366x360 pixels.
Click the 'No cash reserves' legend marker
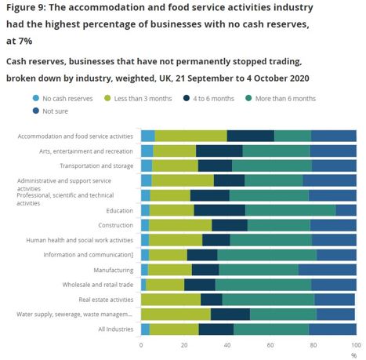click(x=36, y=98)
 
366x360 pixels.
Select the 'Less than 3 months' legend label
click(x=143, y=99)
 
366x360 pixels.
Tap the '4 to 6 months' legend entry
click(x=208, y=99)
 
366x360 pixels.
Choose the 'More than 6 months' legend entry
click(x=281, y=99)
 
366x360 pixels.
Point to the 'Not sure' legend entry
click(x=50, y=111)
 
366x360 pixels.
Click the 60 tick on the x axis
click(x=270, y=345)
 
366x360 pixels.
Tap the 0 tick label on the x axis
click(x=141, y=345)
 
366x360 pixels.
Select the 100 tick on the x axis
click(x=356, y=345)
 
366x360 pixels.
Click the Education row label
click(x=119, y=211)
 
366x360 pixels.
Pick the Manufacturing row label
click(x=114, y=270)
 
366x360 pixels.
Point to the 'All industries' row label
click(x=116, y=329)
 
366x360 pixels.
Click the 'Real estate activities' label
click(x=106, y=300)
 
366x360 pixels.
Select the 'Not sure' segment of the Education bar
click(x=346, y=210)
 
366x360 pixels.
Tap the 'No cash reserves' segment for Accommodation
click(x=148, y=136)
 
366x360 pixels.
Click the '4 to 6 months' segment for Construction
click(x=230, y=225)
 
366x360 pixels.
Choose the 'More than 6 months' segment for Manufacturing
click(x=259, y=270)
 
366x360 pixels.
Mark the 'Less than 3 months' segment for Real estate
click(x=171, y=300)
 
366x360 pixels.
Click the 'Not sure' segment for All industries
click(x=332, y=329)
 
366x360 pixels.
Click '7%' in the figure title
click(x=25, y=41)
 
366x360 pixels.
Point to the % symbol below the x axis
click(x=353, y=355)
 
